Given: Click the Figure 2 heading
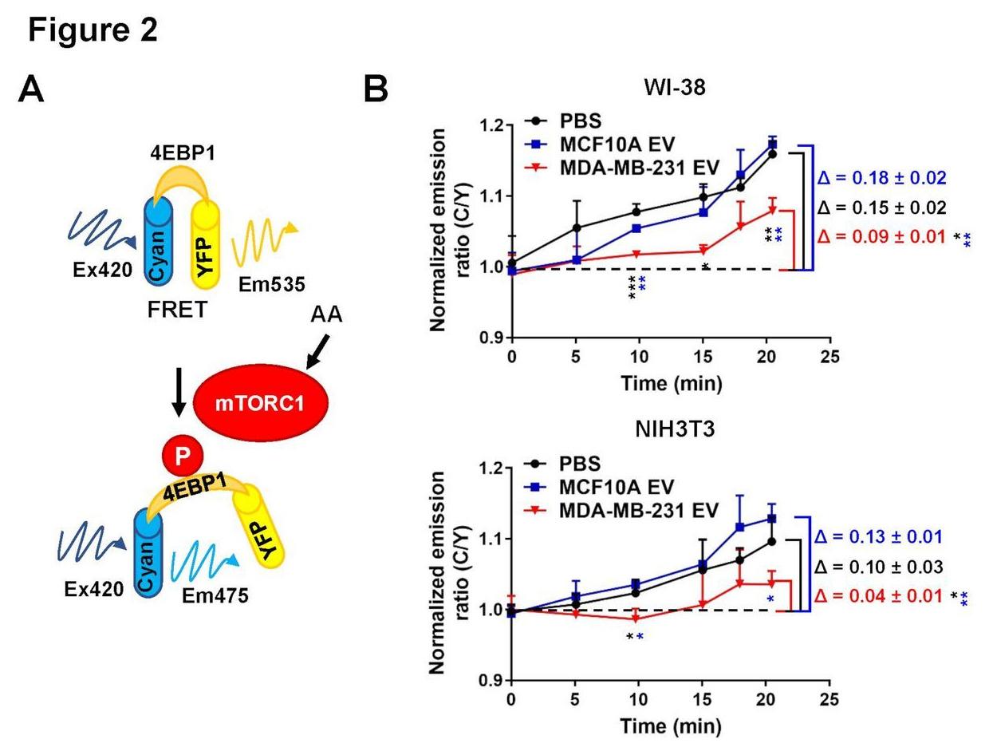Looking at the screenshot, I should click(93, 30).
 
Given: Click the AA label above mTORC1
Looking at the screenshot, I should click(326, 314).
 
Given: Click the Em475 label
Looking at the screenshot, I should click(216, 595).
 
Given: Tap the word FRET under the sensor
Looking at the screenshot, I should click(177, 309).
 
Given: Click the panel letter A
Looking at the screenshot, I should click(32, 90).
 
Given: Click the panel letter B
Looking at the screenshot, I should click(375, 90).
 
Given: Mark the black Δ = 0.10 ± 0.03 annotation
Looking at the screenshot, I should click(880, 567).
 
